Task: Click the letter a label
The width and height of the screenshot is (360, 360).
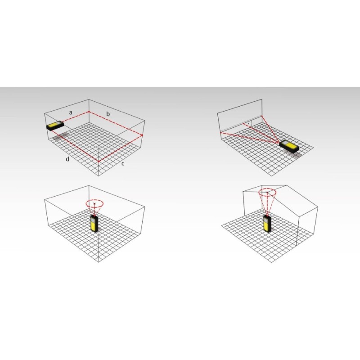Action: (71, 113)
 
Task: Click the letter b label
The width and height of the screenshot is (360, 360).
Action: (108, 114)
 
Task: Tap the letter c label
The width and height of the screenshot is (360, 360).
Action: (123, 164)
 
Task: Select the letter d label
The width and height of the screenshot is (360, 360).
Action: (67, 159)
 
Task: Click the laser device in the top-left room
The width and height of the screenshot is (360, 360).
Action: (55, 126)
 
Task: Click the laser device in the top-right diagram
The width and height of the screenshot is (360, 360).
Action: (289, 146)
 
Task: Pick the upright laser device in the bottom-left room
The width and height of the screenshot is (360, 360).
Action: (94, 224)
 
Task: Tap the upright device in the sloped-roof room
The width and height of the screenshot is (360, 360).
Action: (267, 224)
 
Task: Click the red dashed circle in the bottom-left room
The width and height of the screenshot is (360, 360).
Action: (94, 203)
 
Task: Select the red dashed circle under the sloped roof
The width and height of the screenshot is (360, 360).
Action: (267, 192)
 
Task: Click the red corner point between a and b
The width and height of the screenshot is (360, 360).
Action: (89, 112)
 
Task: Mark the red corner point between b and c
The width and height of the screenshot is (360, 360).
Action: (142, 135)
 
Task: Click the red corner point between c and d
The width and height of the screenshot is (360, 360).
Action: (99, 162)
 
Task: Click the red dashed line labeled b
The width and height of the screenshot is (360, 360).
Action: (116, 123)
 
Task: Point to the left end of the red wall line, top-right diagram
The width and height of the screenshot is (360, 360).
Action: (220, 132)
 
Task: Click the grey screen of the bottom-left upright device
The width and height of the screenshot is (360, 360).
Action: (93, 219)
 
